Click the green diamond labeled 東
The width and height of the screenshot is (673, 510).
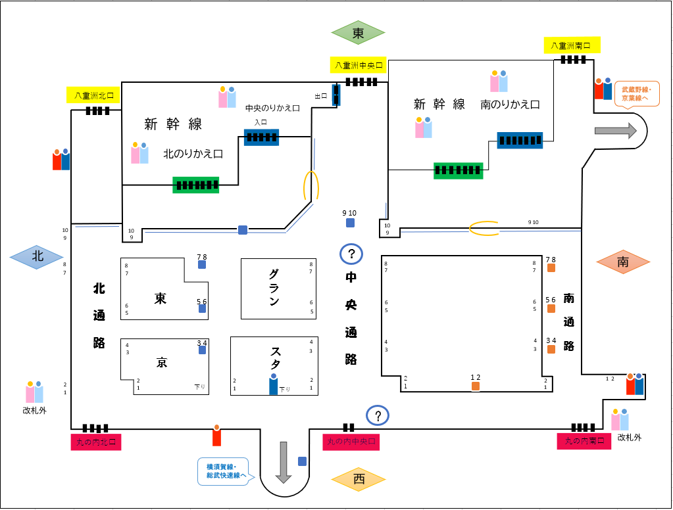[359, 33]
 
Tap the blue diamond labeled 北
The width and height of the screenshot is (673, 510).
[38, 257]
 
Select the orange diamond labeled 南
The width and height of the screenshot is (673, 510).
[623, 262]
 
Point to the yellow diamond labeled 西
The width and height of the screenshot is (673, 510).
[359, 479]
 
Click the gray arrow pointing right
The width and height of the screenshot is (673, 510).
[616, 131]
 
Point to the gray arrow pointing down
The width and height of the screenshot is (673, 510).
[284, 462]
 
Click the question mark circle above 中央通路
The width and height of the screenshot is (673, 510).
[351, 253]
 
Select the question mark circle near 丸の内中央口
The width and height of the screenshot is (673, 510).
[378, 415]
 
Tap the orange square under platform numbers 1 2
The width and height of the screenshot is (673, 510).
[476, 386]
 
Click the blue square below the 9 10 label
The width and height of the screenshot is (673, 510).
[351, 223]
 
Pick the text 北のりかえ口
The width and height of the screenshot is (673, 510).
[193, 154]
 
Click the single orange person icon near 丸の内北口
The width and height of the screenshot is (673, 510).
[216, 435]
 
